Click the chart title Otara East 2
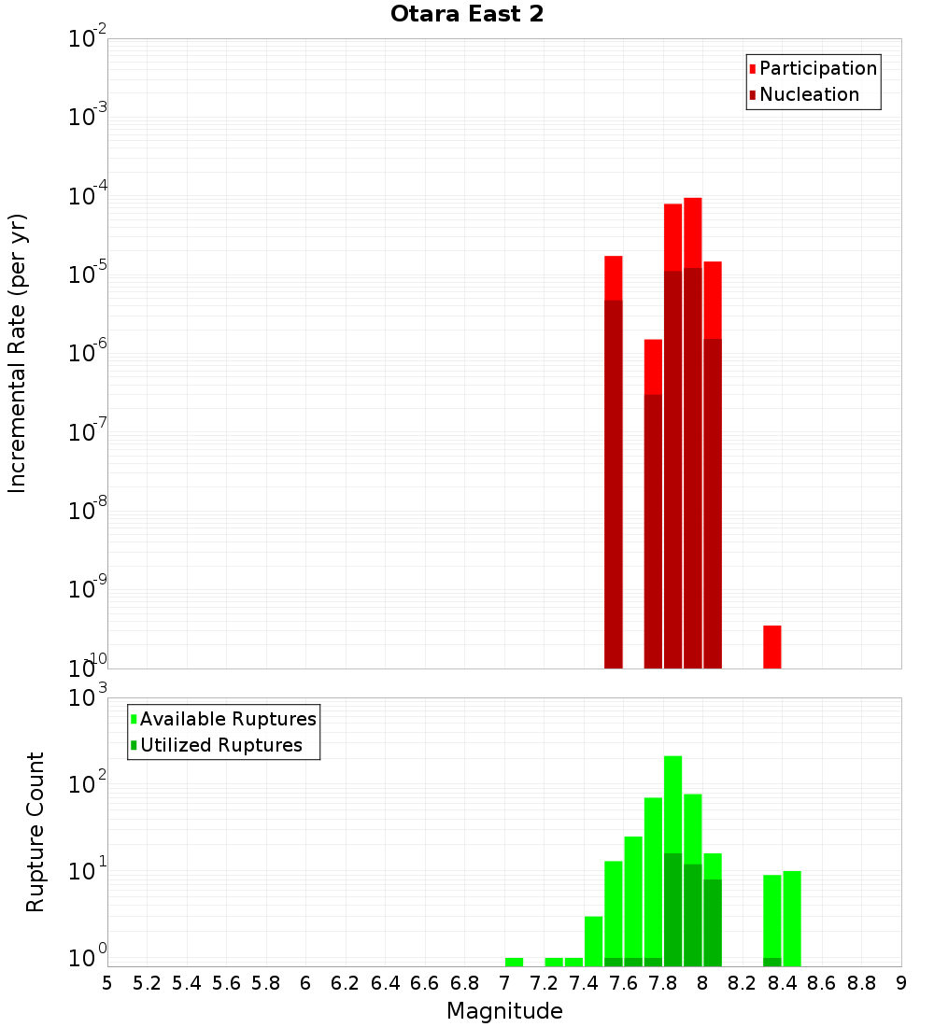pyautogui.click(x=466, y=15)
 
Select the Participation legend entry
pyautogui.click(x=817, y=68)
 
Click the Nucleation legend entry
pyautogui.click(x=808, y=94)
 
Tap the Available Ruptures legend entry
pyautogui.click(x=227, y=719)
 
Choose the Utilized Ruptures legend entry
pyautogui.click(x=220, y=745)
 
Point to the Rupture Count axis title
pyautogui.click(x=35, y=831)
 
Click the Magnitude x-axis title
pyautogui.click(x=504, y=1011)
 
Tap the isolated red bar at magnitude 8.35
pyautogui.click(x=771, y=646)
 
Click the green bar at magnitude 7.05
pyautogui.click(x=514, y=962)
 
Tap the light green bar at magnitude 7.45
pyautogui.click(x=593, y=941)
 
